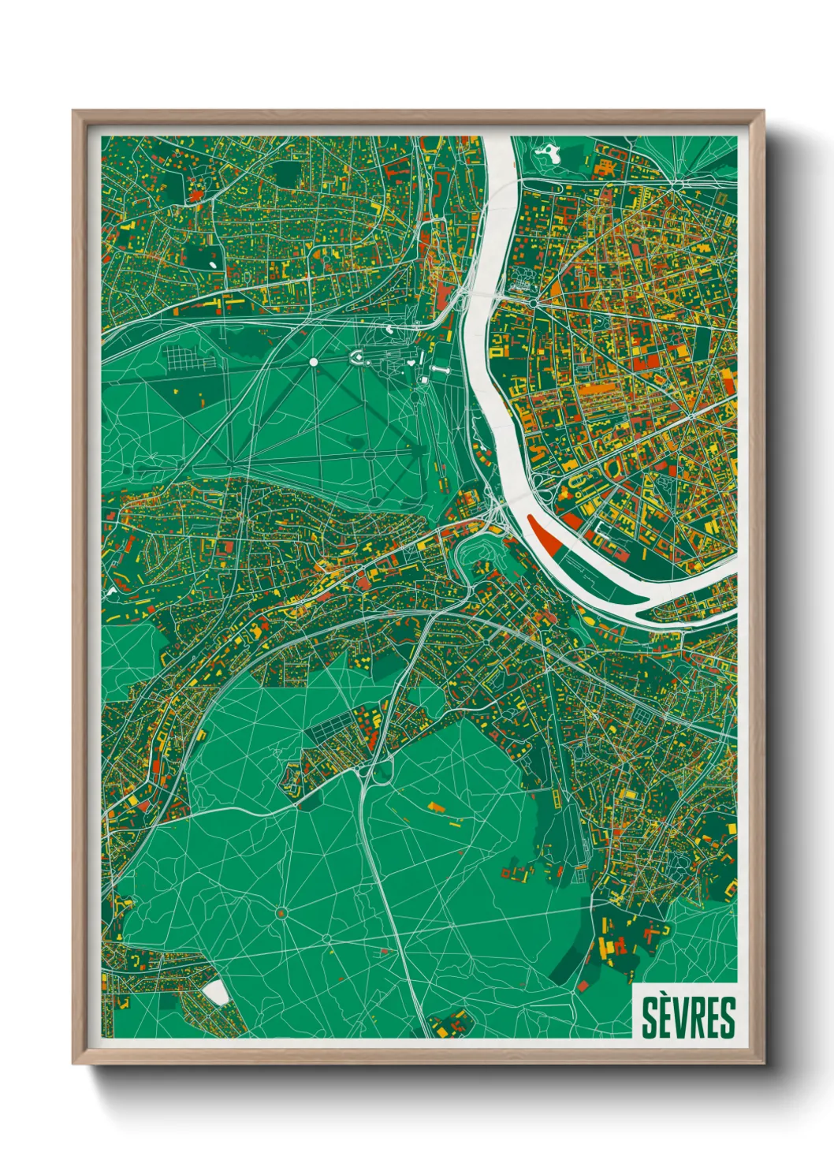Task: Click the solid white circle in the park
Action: click(313, 362)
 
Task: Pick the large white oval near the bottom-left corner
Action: click(215, 993)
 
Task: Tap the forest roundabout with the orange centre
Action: click(280, 913)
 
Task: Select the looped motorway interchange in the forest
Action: click(377, 769)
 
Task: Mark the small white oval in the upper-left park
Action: click(214, 255)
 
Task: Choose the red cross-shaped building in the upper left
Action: click(193, 192)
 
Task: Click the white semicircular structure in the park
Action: click(356, 359)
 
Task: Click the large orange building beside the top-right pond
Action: click(605, 166)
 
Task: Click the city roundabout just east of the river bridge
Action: click(534, 302)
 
